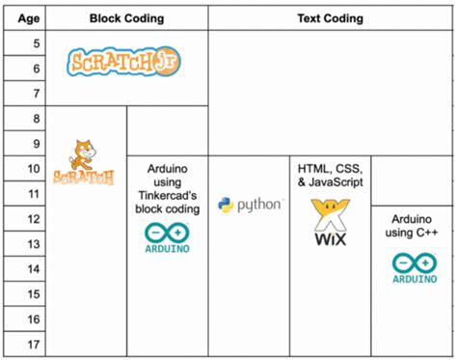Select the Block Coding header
coord(125,18)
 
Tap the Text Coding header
coord(330,18)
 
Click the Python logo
coord(250,205)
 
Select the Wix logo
coord(330,222)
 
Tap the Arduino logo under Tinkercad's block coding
coord(167,238)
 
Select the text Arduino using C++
coord(412,226)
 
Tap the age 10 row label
coord(35,169)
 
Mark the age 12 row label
coord(35,219)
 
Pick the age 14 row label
coord(35,269)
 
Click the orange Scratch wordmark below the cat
coord(84,178)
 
